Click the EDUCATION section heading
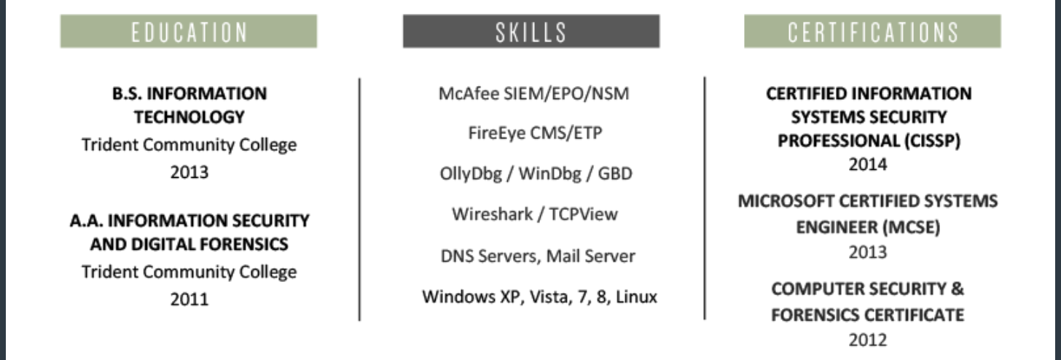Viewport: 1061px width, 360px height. [x=188, y=31]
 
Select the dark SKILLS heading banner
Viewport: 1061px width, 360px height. [x=530, y=31]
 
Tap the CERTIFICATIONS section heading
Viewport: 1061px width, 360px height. [x=872, y=31]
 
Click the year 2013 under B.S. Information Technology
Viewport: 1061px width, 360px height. [x=189, y=173]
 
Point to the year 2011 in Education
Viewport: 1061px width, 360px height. [x=189, y=299]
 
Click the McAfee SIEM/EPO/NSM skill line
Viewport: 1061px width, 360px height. [x=533, y=94]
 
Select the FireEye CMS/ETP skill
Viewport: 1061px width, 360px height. [x=535, y=134]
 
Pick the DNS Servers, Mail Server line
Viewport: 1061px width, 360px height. [x=538, y=257]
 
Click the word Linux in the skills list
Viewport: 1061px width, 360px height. [x=636, y=297]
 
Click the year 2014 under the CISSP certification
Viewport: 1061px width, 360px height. [x=868, y=165]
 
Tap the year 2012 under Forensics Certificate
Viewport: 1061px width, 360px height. [x=868, y=339]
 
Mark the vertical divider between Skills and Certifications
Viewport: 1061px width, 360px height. [x=704, y=197]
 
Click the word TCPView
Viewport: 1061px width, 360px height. [x=583, y=215]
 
